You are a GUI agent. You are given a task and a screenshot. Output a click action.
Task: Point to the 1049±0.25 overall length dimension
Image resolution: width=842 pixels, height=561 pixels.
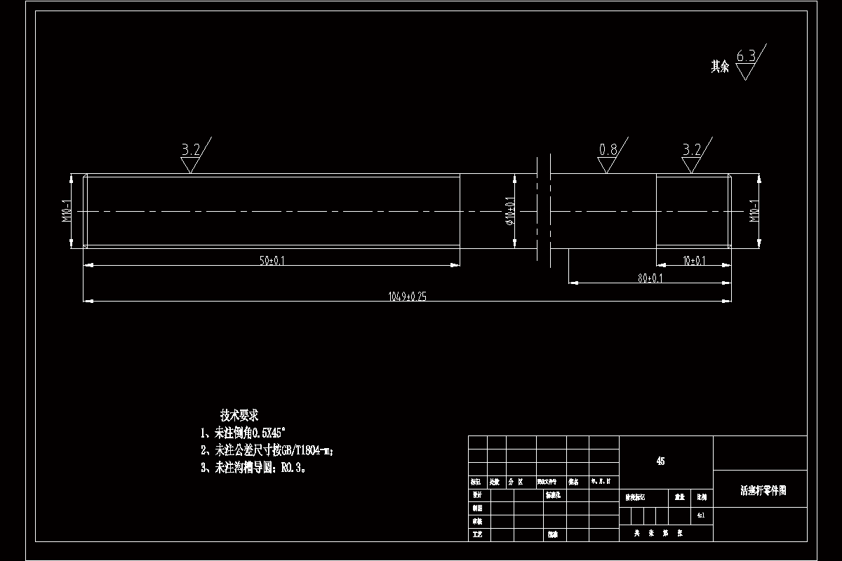click(x=407, y=297)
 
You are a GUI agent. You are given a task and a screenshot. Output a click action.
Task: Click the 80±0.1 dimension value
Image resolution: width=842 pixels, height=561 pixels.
click(x=650, y=278)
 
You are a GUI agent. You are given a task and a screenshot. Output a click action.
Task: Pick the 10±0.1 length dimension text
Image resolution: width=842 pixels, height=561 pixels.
click(x=694, y=261)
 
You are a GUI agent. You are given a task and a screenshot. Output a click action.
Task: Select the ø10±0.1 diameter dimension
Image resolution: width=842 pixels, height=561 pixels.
click(x=510, y=211)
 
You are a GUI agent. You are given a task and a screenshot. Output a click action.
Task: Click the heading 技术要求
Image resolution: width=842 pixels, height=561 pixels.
click(x=239, y=415)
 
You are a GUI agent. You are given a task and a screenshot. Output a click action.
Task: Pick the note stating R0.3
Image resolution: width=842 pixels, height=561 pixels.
click(x=253, y=468)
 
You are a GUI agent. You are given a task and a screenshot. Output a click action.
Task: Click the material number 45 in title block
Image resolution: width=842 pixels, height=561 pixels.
click(x=660, y=461)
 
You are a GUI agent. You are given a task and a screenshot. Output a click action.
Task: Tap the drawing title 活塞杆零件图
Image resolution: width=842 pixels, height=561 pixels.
click(x=763, y=491)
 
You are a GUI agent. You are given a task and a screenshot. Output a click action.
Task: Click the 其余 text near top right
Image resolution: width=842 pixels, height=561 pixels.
click(x=720, y=67)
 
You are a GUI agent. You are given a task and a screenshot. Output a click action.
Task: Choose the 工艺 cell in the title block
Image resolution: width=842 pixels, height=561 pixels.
click(x=478, y=534)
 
